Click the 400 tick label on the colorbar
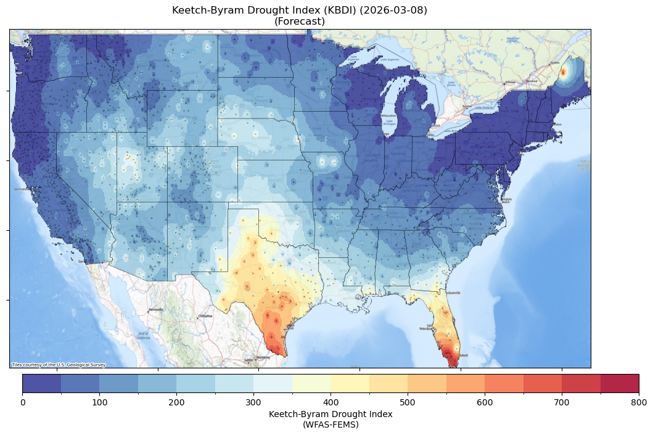point(331,402)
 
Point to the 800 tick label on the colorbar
point(639,402)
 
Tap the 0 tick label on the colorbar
point(23,402)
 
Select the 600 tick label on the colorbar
point(485,402)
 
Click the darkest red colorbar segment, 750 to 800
point(619,383)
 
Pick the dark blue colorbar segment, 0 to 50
point(42,383)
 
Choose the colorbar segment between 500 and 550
point(427,383)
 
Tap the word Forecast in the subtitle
point(300,22)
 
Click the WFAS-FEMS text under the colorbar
point(331,425)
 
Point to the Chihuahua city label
point(205,316)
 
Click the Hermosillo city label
point(156,310)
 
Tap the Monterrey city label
point(263,357)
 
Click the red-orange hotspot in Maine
point(562,72)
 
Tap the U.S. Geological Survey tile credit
point(59,365)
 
